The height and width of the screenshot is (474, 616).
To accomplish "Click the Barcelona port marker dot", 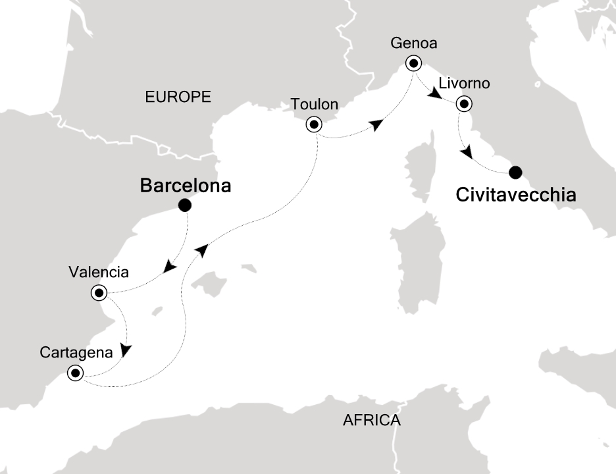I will pyautogui.click(x=185, y=205).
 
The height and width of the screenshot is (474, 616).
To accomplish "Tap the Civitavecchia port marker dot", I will pyautogui.click(x=515, y=172).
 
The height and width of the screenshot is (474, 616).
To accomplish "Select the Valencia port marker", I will pyautogui.click(x=99, y=292).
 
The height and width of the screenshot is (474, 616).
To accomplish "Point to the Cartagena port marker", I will pyautogui.click(x=74, y=374).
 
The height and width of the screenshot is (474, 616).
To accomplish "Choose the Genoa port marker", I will pyautogui.click(x=413, y=64).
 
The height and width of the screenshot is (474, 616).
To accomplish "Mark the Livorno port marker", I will pyautogui.click(x=465, y=103).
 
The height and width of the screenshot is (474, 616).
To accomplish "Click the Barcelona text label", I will pyautogui.click(x=186, y=186).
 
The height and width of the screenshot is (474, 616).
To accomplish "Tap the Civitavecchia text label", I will pyautogui.click(x=516, y=195).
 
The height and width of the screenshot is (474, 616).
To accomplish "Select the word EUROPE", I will pyautogui.click(x=178, y=97).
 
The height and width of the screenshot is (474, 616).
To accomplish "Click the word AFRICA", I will pyautogui.click(x=372, y=420).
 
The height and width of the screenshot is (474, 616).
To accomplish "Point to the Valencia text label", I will pyautogui.click(x=97, y=271).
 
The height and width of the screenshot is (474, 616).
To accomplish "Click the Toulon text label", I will pyautogui.click(x=314, y=104).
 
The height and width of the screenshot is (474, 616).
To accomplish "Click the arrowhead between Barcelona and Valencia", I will pyautogui.click(x=170, y=266).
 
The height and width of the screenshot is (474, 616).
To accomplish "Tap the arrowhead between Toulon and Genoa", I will pyautogui.click(x=376, y=125).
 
